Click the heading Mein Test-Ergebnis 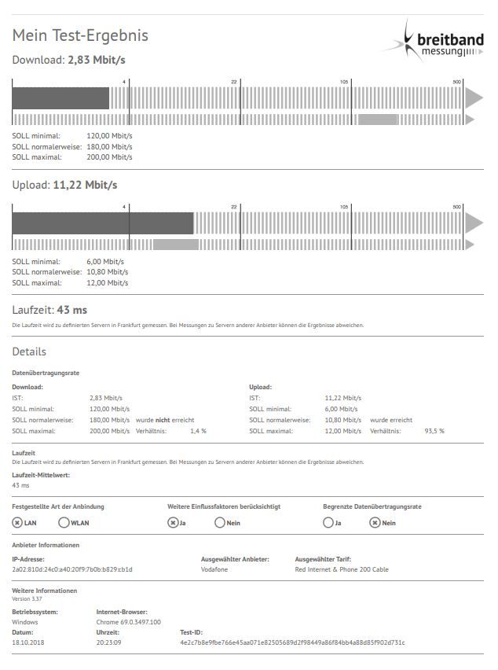tap(80, 35)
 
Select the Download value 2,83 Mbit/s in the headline tap(97, 59)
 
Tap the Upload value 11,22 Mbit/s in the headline tap(85, 185)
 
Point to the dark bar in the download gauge tap(60, 98)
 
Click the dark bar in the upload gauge tap(102, 223)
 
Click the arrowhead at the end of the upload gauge tap(474, 223)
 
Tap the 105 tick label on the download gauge tap(344, 82)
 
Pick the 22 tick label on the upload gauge tap(233, 207)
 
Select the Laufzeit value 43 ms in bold tap(72, 310)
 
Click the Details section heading tap(29, 352)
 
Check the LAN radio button tap(17, 522)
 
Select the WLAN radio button tap(64, 522)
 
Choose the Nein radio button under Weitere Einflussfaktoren tap(220, 522)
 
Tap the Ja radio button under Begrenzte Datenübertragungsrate tap(328, 522)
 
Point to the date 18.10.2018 tap(29, 642)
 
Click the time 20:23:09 tap(109, 642)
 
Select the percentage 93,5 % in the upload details tap(434, 431)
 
